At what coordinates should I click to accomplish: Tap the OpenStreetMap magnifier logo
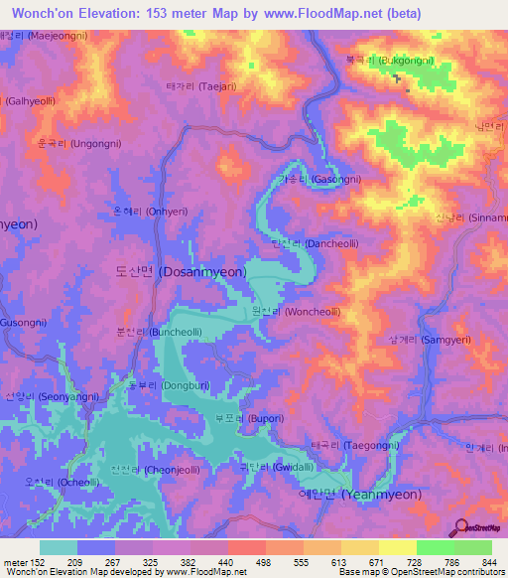pos(459,528)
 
